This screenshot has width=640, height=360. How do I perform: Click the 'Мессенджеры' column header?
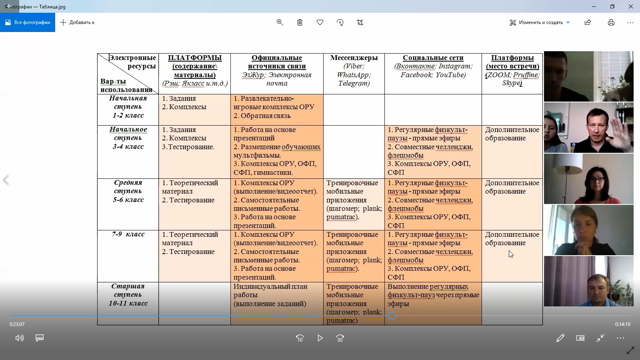point(354,58)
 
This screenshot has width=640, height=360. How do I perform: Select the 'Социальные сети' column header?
point(433,58)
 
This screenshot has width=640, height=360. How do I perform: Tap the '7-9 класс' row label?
point(128,234)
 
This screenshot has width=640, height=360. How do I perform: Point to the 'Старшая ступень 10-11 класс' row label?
point(128,295)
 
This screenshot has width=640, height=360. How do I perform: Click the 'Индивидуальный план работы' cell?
point(270,295)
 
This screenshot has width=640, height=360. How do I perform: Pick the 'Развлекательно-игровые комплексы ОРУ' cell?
point(274,103)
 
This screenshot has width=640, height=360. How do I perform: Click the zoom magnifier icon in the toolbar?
point(280,22)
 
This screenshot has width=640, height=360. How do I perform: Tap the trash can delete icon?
point(300,22)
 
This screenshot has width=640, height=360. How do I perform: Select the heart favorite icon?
point(320,22)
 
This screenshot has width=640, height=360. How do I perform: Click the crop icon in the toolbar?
point(360,22)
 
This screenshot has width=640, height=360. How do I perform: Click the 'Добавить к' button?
point(77,22)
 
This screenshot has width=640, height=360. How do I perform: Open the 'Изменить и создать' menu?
point(540,22)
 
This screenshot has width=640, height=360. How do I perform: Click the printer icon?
point(611,22)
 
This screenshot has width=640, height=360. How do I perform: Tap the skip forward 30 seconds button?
point(340,338)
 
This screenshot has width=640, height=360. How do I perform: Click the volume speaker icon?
point(19,338)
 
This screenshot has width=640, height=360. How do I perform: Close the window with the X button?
point(631,6)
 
